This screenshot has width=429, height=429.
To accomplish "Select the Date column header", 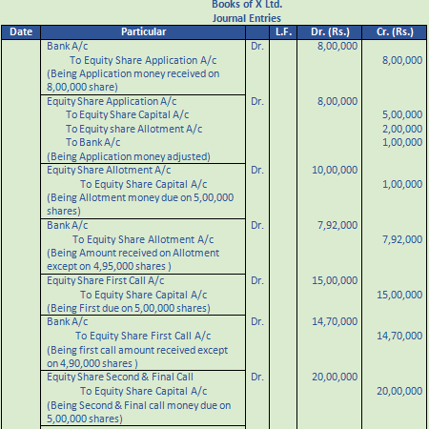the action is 21,32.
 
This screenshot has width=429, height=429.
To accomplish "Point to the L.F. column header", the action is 282,32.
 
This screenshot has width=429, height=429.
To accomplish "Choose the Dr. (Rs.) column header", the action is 330,32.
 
